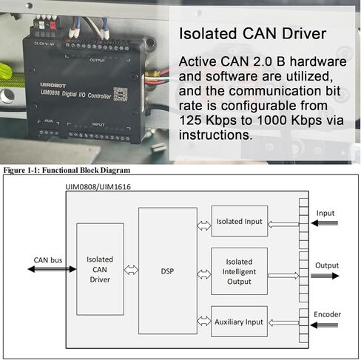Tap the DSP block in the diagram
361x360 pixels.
167,270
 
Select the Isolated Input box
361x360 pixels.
240,221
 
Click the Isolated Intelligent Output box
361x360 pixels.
240,271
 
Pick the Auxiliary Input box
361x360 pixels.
240,322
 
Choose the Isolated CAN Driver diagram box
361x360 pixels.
100,270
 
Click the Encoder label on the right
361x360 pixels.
327,315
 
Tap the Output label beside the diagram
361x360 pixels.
327,265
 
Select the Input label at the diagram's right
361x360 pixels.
325,213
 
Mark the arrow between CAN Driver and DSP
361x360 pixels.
131,271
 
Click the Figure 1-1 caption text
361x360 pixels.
62,169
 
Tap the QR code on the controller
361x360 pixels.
121,94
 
